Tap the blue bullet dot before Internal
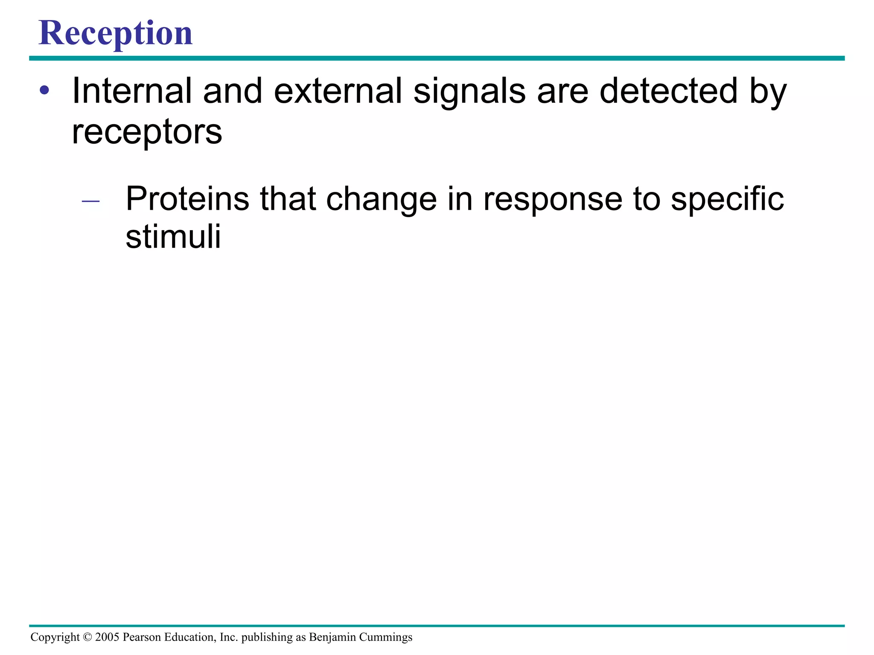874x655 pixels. pos(44,90)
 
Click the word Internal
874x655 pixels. pos(132,90)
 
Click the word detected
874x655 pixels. pos(668,90)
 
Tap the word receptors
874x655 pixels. pos(147,132)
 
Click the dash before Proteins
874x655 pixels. pos(90,200)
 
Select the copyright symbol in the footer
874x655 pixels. pos(87,637)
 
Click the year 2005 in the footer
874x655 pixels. pos(107,637)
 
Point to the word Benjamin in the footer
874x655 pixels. pos(332,637)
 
